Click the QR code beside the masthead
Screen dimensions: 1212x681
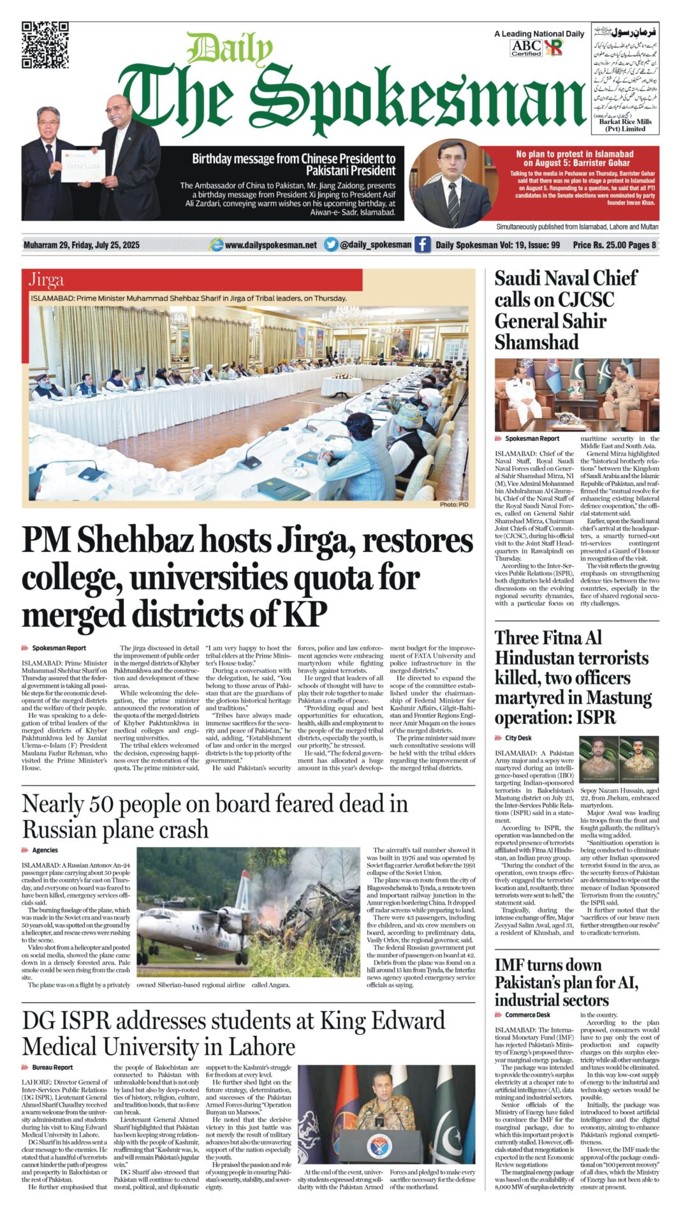45,45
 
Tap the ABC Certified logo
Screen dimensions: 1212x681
526,47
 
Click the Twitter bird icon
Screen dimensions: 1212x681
331,244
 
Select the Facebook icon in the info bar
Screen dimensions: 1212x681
422,244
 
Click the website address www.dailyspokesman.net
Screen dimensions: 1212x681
270,245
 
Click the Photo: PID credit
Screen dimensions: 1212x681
453,504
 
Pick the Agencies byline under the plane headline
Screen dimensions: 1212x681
45,850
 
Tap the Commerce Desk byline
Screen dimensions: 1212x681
527,1015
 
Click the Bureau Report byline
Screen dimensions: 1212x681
52,1067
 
